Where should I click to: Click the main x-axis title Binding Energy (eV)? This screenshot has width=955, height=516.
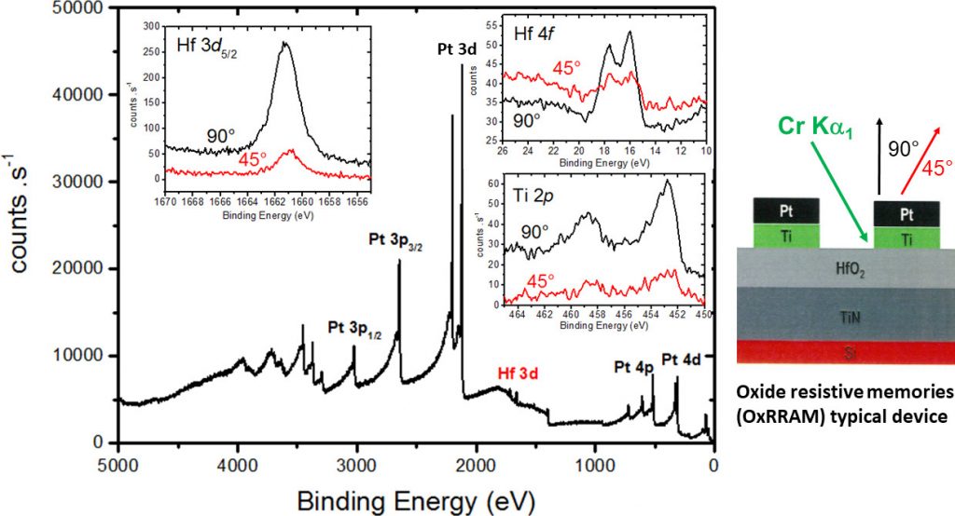click(x=416, y=499)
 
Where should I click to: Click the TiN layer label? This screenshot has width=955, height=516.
click(x=845, y=315)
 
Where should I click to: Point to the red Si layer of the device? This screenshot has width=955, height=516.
click(x=845, y=352)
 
